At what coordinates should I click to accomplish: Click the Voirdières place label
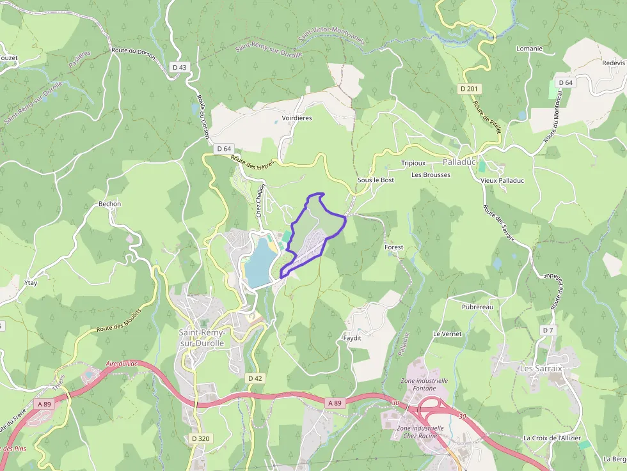pos(297,118)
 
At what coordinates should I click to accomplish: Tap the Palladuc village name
pos(459,162)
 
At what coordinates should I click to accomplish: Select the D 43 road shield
pos(180,67)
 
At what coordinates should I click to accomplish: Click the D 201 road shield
pos(470,88)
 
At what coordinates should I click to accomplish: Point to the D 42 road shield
pos(255,378)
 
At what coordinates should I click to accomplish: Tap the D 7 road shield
pos(547,330)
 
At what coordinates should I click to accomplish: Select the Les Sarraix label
pos(541,369)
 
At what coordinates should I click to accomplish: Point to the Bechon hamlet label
pos(109,204)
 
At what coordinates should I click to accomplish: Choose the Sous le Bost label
pos(376,180)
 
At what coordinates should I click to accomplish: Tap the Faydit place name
pos(352,337)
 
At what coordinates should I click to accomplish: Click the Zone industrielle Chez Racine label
pos(420,432)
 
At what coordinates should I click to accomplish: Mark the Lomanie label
pos(529,49)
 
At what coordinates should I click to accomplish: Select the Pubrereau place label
pos(477,307)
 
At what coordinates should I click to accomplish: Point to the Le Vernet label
pos(447,334)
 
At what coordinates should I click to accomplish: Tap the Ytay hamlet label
pos(30,282)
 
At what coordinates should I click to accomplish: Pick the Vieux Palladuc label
pos(502,180)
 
